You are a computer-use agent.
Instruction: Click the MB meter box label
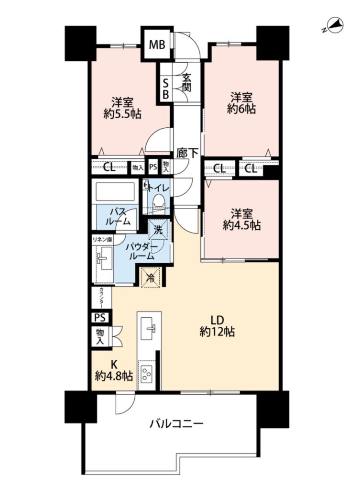157,45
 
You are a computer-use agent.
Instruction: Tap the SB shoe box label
166,89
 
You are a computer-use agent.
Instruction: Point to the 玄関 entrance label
186,82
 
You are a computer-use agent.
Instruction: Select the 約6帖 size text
241,109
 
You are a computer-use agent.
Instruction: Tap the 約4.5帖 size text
241,225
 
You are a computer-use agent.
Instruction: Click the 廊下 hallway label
187,153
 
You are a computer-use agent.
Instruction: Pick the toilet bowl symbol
158,201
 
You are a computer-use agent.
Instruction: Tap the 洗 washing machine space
159,230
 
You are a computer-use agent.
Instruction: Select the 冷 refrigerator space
151,277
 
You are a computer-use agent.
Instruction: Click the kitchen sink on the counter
148,328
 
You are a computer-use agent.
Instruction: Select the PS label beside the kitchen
100,318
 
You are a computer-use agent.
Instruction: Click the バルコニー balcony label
176,424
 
